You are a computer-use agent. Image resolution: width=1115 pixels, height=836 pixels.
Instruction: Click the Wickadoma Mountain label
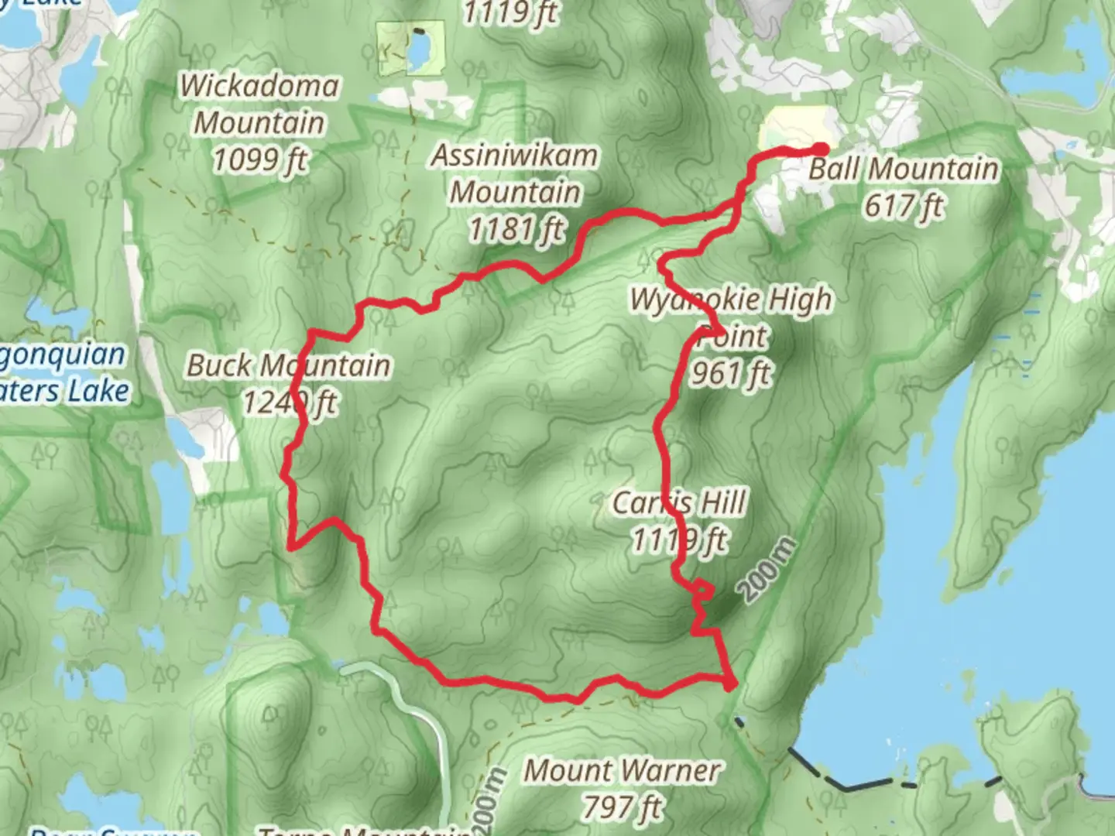pos(259,104)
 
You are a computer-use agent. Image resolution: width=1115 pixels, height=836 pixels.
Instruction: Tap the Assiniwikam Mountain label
pos(515,173)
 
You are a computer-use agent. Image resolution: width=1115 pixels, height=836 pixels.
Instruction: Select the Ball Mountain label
pos(904,169)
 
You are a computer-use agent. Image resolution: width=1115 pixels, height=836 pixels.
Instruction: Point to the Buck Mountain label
pos(288,365)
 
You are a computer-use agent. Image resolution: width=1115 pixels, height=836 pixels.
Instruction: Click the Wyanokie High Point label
pos(731,317)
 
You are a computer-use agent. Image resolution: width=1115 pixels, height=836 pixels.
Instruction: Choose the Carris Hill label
pos(679,503)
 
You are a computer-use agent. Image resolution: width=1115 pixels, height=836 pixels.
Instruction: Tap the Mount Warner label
pos(623,771)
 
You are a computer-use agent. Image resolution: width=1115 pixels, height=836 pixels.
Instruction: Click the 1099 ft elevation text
pos(259,160)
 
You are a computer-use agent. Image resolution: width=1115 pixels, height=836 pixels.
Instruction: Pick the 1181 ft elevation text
pos(516,229)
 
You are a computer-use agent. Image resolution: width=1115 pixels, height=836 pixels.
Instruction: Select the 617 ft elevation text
pos(904,206)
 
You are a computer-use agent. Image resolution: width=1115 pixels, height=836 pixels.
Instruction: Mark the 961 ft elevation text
pos(730,374)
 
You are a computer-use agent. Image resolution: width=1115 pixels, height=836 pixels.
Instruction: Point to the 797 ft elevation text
pos(623,808)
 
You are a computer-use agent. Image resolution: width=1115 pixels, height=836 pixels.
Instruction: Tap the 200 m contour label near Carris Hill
pos(766,570)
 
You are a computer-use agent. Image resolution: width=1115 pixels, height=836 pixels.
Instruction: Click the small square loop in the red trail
pos(702,590)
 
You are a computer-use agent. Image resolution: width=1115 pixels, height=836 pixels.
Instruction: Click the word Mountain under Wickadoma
pos(259,122)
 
